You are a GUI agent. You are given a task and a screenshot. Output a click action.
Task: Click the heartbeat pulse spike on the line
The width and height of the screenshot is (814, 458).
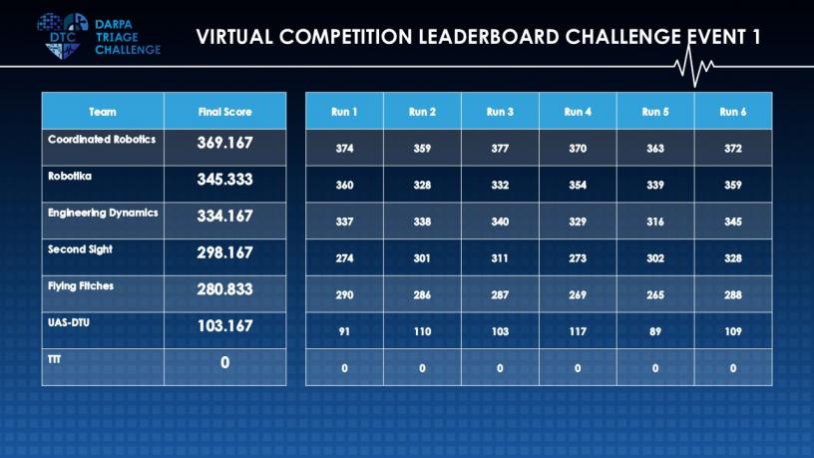pos(693,67)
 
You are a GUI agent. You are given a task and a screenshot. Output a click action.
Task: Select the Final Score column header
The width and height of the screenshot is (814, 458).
pos(224,112)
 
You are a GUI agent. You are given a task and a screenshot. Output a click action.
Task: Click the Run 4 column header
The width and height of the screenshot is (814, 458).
pos(578,112)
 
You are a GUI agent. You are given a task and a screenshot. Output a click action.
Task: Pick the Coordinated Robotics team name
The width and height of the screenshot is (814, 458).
pos(102,139)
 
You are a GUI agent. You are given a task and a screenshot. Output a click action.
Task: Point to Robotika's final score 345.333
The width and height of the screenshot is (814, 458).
pos(224,180)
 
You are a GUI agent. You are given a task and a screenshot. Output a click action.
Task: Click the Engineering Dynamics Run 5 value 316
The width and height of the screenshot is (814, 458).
pos(655,222)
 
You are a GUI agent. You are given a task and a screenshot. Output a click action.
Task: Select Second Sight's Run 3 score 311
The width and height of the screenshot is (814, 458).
pos(500,258)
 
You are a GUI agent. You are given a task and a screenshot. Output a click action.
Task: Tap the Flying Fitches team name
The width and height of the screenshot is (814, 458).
pos(81,286)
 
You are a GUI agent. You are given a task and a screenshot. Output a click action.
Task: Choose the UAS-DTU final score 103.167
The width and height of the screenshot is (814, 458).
pos(224,325)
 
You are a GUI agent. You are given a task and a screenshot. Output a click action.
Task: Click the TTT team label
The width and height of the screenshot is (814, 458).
pos(55,359)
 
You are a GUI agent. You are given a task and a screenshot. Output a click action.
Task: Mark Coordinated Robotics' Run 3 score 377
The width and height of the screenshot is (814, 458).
pos(500,149)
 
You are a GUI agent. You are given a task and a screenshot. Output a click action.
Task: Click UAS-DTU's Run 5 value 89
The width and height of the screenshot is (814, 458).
pos(655,331)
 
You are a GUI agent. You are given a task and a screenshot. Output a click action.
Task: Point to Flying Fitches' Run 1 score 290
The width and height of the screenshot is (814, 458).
pos(344,295)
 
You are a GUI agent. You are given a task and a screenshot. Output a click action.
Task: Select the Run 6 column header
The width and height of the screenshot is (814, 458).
pos(733,112)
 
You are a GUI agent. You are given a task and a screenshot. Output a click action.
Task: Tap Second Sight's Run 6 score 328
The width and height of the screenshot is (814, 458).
pos(733,258)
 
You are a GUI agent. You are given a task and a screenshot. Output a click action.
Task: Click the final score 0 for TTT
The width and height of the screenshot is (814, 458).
pos(224,362)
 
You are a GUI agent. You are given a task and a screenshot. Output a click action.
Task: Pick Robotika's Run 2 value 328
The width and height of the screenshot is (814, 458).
pos(422,185)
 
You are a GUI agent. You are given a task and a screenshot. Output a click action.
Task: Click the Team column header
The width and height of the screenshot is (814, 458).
pos(103,112)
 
